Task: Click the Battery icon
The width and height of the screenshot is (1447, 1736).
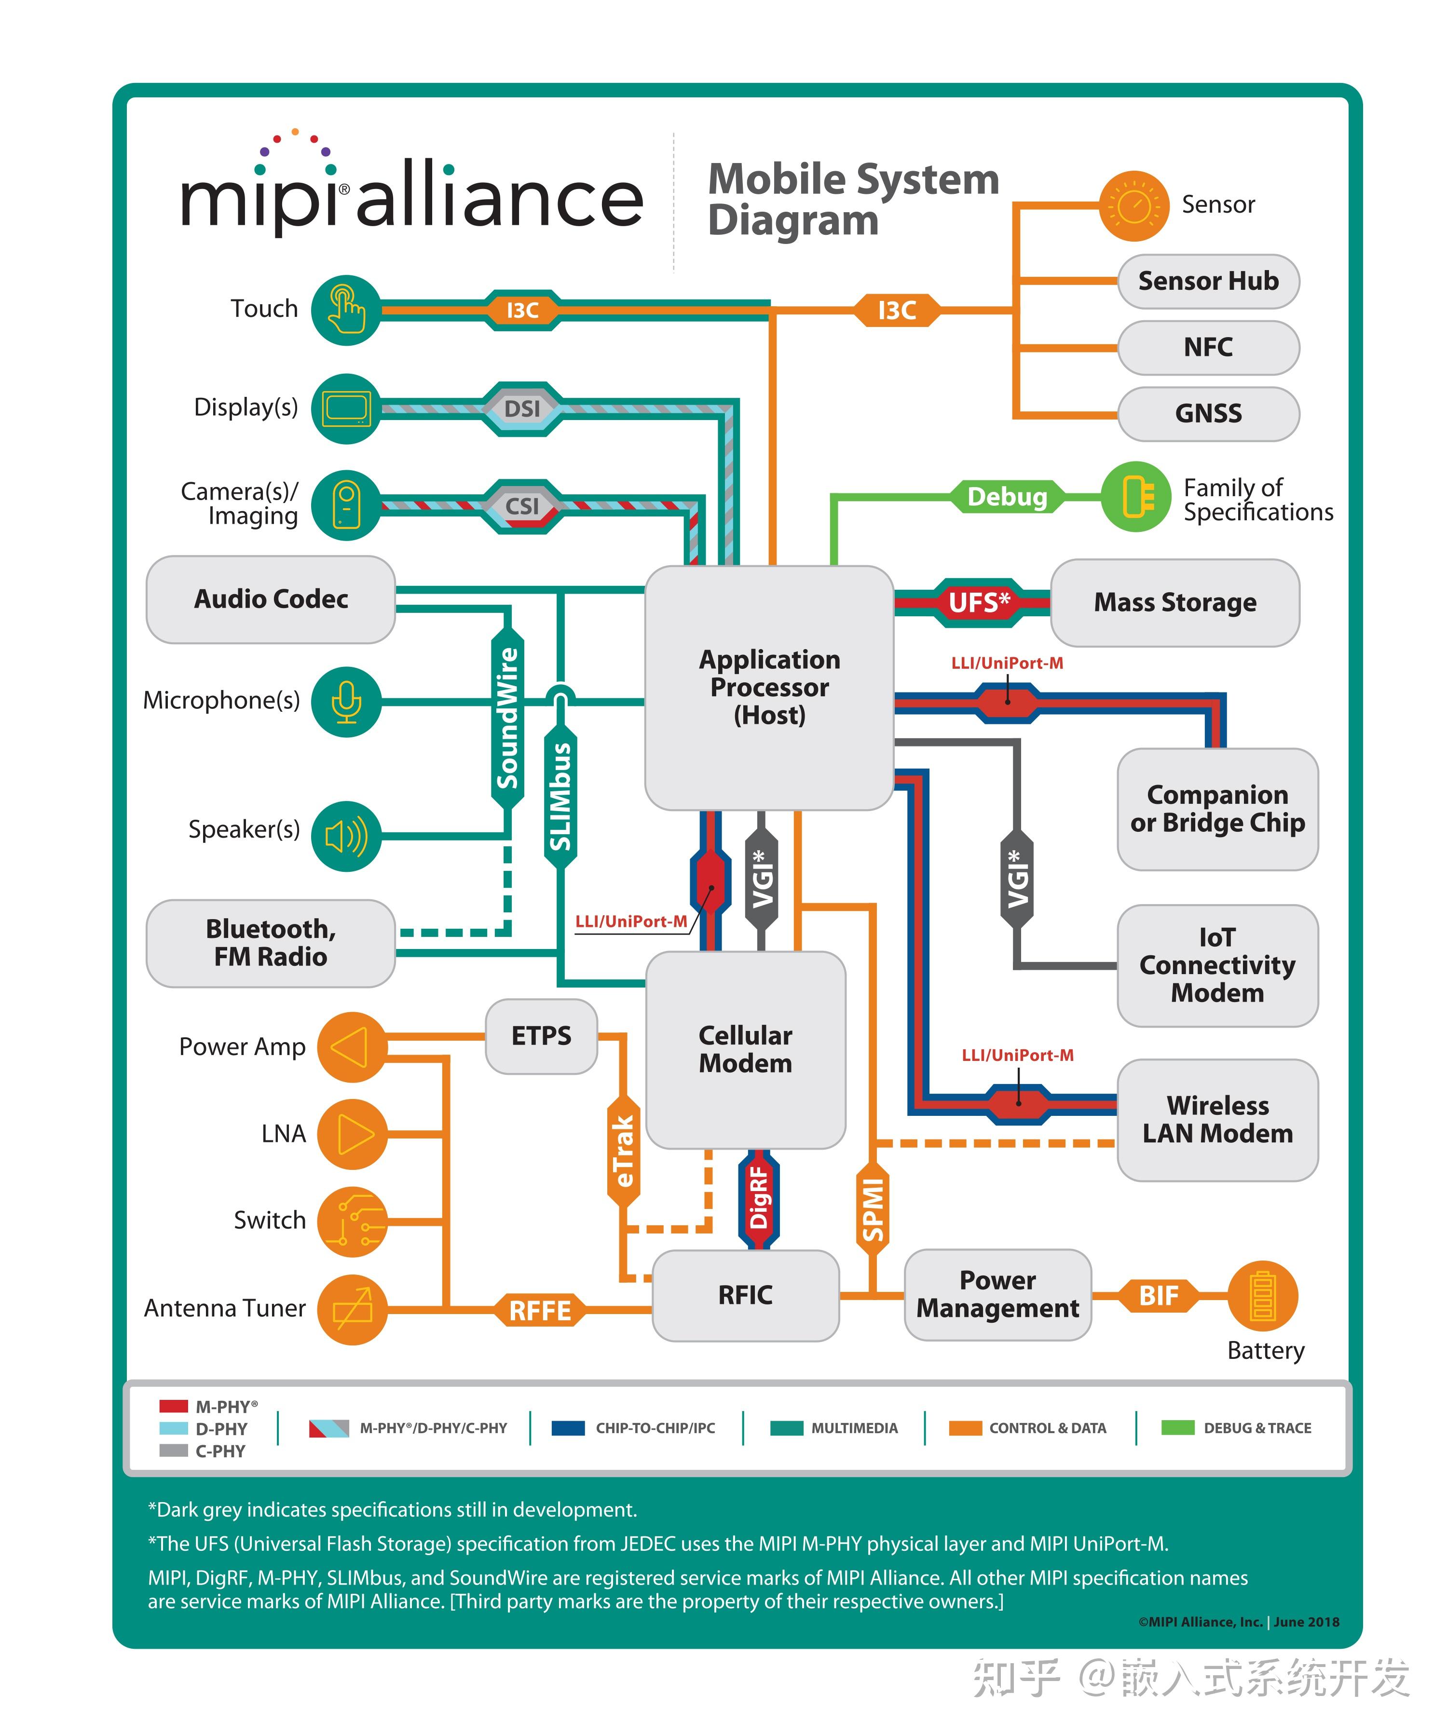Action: [1262, 1295]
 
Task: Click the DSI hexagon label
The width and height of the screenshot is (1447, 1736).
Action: [522, 408]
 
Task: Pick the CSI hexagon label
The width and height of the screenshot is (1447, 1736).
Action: [522, 506]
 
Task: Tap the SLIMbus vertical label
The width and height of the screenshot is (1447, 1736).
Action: [560, 795]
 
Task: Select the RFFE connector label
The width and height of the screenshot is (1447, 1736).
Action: [539, 1310]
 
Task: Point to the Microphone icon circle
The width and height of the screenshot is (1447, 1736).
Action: [346, 701]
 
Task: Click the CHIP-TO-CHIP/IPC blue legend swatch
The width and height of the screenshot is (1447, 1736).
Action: [568, 1428]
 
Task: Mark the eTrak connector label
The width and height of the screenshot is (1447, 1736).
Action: [624, 1152]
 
